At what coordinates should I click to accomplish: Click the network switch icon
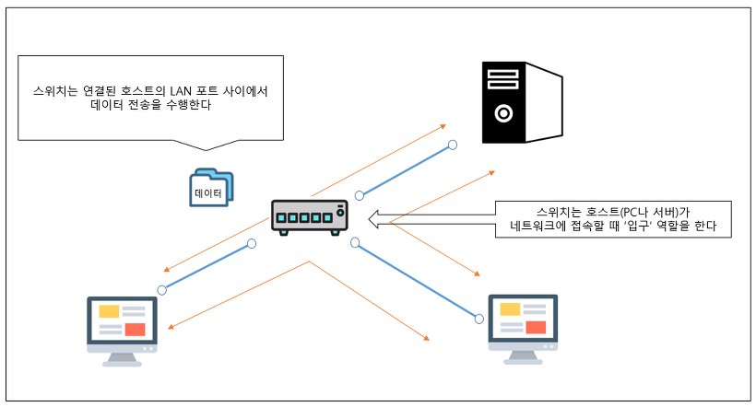tap(310, 217)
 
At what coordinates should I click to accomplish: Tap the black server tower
tap(522, 102)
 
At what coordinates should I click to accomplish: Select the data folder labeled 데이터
tap(211, 188)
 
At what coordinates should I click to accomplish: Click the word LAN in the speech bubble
tap(181, 91)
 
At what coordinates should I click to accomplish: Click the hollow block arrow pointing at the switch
tap(431, 219)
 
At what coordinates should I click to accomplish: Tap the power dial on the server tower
tap(503, 113)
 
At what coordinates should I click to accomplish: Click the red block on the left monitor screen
tap(135, 330)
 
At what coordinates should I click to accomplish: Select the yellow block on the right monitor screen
tap(510, 309)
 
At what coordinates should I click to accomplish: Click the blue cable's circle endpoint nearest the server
tap(453, 145)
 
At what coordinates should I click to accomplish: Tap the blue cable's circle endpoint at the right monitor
tap(478, 319)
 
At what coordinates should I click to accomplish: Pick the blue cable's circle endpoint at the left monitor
tap(162, 290)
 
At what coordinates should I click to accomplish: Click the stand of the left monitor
tap(122, 359)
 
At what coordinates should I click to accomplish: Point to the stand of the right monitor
tap(523, 357)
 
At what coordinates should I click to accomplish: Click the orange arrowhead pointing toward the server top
tap(443, 126)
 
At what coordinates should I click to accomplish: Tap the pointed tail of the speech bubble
tap(206, 150)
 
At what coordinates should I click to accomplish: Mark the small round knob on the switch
tap(340, 213)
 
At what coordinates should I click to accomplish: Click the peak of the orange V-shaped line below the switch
tap(309, 262)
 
